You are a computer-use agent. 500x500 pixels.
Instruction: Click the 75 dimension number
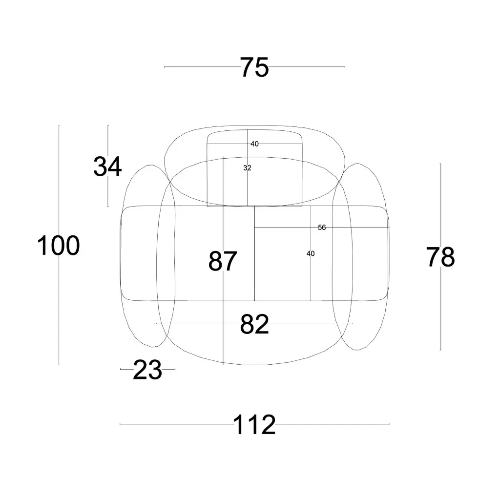tap(254, 67)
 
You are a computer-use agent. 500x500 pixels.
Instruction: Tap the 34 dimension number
tap(107, 167)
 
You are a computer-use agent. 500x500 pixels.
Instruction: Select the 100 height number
tap(58, 246)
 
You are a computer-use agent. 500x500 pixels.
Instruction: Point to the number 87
tap(223, 261)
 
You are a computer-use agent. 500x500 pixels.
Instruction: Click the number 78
tap(440, 257)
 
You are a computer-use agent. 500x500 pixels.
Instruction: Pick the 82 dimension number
tap(254, 324)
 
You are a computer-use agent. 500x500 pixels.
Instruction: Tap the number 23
tap(147, 371)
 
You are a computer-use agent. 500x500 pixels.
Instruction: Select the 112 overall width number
tap(254, 425)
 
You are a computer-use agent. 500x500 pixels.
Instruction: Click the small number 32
tap(247, 167)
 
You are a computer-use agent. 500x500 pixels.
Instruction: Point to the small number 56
tap(322, 227)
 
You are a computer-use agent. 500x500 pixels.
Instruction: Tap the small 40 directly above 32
tap(254, 144)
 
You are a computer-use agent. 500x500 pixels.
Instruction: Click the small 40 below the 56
tap(311, 253)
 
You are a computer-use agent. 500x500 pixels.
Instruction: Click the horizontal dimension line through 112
tap(171, 424)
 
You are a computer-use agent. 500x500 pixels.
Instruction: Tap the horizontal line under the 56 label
tap(283, 228)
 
